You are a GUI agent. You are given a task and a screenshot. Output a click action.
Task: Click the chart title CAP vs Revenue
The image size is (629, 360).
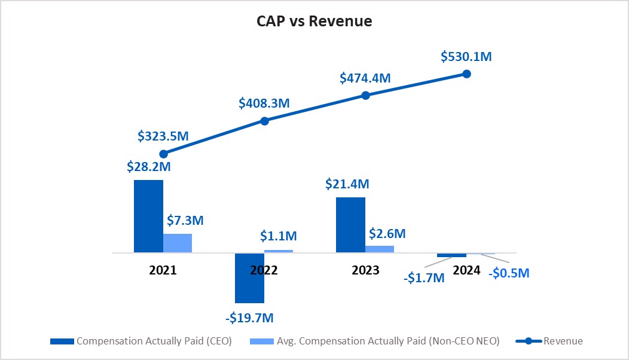tap(314, 22)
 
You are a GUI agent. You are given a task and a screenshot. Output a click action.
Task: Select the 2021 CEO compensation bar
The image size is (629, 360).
tap(148, 216)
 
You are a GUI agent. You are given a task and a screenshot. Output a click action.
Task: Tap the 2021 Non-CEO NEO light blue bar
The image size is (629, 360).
tap(178, 243)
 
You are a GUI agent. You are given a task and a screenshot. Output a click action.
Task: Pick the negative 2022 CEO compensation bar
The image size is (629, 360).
tap(249, 278)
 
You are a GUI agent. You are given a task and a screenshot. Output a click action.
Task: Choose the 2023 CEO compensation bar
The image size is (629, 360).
tap(350, 225)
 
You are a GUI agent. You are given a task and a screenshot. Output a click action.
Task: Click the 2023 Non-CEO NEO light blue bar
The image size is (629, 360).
tap(380, 249)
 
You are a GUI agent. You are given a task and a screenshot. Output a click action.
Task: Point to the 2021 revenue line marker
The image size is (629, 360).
tap(163, 154)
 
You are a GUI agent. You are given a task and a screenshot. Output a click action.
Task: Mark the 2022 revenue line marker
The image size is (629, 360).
tap(265, 121)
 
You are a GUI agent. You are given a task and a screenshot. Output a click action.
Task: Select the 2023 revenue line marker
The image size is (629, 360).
tap(366, 95)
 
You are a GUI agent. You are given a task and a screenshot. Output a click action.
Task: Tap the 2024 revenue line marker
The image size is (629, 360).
tap(467, 74)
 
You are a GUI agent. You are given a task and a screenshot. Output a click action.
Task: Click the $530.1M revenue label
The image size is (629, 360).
tap(466, 57)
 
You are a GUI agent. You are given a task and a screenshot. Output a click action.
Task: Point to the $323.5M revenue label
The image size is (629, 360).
tap(163, 136)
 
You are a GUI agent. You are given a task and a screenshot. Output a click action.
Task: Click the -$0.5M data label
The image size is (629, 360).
tap(508, 273)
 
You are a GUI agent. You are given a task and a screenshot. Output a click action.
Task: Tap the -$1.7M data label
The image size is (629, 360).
tap(423, 277)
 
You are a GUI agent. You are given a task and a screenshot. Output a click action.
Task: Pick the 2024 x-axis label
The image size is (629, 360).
tap(466, 270)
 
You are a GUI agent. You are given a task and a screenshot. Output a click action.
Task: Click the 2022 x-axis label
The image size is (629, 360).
tap(264, 270)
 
